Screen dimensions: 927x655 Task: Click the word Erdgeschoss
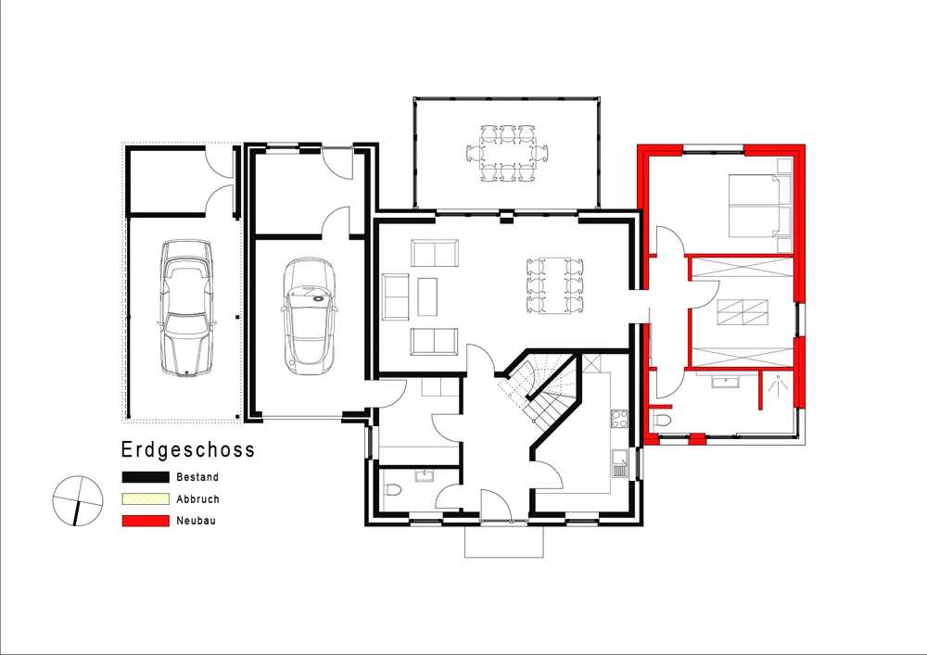tap(188, 450)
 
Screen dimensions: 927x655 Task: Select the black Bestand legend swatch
tap(146, 477)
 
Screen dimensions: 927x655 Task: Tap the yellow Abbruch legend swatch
tap(146, 499)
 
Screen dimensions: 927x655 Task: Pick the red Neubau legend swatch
tap(146, 521)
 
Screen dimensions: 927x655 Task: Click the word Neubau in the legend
tap(196, 521)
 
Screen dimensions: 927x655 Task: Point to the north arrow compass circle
tap(78, 501)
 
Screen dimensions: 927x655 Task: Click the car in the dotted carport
tap(186, 308)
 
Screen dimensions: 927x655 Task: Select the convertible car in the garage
tap(309, 316)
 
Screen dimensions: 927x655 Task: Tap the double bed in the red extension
tap(760, 206)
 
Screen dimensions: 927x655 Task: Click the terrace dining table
tap(507, 153)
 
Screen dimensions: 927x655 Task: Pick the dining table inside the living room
tap(554, 285)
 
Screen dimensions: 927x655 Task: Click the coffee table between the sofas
tap(427, 297)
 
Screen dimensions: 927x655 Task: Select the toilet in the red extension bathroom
tap(663, 421)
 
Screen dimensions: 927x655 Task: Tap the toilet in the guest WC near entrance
tap(392, 489)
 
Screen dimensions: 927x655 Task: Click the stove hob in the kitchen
tap(619, 419)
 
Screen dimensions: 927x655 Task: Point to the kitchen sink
tap(619, 463)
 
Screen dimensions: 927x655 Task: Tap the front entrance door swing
tap(495, 506)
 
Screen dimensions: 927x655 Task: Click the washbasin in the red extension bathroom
tap(726, 382)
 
